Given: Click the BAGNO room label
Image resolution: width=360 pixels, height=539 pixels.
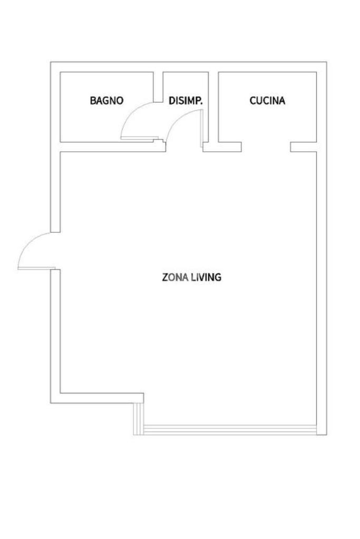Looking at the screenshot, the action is pos(106,101).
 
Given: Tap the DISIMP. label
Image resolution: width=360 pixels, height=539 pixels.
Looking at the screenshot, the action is pos(186,101).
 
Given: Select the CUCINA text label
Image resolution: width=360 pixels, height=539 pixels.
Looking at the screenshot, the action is pos(267,101).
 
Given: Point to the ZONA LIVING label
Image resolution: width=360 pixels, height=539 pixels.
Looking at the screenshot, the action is pos(191,277).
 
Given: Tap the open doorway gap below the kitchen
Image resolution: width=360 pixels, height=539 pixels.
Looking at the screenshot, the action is pos(266,147).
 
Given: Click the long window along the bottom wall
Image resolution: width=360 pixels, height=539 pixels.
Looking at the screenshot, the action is pos(230,430).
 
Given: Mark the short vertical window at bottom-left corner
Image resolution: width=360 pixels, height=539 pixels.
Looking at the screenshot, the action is pos(138,419).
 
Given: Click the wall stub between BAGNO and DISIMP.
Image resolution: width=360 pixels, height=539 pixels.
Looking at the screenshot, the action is pos(158,87).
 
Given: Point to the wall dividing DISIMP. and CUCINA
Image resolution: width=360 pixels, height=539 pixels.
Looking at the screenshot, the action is pos(213,107).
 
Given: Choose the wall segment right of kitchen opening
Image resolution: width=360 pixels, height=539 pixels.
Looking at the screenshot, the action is pos(303,147).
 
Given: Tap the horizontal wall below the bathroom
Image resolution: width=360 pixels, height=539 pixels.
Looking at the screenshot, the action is pos(113,147).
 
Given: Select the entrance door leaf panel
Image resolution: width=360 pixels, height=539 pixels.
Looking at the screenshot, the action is pos(36,268).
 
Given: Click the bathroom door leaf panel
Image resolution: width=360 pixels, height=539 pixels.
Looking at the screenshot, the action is pos(137,138).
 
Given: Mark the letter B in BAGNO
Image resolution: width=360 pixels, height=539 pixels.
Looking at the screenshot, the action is pos(93,101).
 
